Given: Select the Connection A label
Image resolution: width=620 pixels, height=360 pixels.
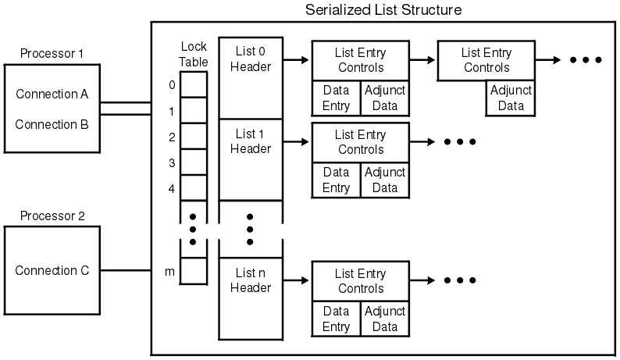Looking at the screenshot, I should [x=52, y=94].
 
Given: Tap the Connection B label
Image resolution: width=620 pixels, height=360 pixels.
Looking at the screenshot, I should [x=52, y=124].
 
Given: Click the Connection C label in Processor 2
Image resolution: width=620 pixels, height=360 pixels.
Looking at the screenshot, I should [x=52, y=271].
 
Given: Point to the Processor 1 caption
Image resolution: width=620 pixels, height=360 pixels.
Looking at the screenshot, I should [x=52, y=55].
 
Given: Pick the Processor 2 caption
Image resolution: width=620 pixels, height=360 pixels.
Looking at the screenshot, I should [x=52, y=216].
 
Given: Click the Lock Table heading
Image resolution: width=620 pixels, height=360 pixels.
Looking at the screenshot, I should [x=193, y=53].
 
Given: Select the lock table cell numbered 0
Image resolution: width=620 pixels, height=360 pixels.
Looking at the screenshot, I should [x=194, y=84].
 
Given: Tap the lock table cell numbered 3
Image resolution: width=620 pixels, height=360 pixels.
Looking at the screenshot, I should [x=194, y=163].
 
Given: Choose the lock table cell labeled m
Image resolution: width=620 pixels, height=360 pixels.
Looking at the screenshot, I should [x=194, y=271].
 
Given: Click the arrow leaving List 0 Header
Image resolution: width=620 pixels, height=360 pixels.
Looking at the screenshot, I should [x=296, y=59].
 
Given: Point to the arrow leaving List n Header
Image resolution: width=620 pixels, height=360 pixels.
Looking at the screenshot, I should [x=296, y=280].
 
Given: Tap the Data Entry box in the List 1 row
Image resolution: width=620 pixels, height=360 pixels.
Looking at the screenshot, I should [x=336, y=180].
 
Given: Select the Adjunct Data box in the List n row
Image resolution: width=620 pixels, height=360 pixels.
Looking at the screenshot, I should [x=384, y=319].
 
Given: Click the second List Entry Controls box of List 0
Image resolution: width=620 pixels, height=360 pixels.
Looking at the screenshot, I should [x=486, y=60].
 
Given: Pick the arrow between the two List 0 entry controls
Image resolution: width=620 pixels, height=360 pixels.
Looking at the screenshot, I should [x=422, y=59].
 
